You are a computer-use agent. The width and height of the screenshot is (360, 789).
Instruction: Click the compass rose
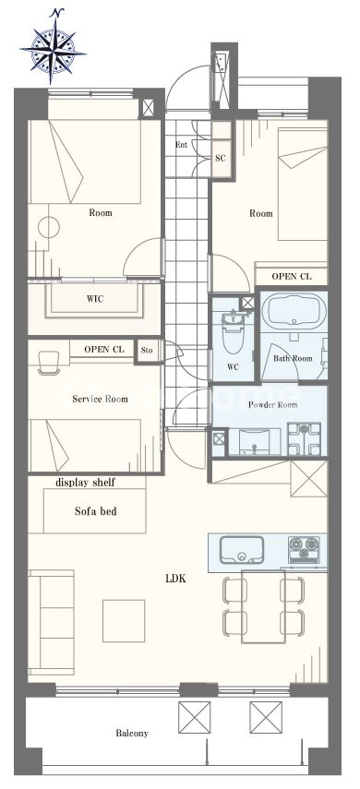point(52,47)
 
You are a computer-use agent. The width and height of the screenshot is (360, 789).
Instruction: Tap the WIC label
point(95,299)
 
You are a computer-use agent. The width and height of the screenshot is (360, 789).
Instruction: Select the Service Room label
point(100,399)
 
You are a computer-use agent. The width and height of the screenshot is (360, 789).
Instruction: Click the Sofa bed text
point(96,511)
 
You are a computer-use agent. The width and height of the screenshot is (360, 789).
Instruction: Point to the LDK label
point(175,579)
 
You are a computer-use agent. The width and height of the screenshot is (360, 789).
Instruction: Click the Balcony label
point(132,733)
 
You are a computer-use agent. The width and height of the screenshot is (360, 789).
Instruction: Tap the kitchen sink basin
point(242,549)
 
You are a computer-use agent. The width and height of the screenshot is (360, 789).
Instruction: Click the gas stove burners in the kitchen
point(304,549)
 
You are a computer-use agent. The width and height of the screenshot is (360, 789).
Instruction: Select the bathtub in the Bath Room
point(294,310)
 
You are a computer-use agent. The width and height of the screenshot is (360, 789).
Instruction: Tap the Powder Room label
point(273,404)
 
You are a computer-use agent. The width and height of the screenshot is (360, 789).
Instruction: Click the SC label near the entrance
point(221,158)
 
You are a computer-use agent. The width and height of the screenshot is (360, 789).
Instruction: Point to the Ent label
point(181,145)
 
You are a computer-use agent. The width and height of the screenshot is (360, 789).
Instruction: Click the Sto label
point(147,350)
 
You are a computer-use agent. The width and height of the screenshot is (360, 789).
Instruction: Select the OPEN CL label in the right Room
point(292,276)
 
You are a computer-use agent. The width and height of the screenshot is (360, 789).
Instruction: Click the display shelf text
point(85,483)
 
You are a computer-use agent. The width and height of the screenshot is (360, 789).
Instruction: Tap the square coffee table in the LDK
point(124,620)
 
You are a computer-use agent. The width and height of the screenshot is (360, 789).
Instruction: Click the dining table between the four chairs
point(263,606)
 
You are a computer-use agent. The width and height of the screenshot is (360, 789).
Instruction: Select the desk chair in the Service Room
point(49,363)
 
